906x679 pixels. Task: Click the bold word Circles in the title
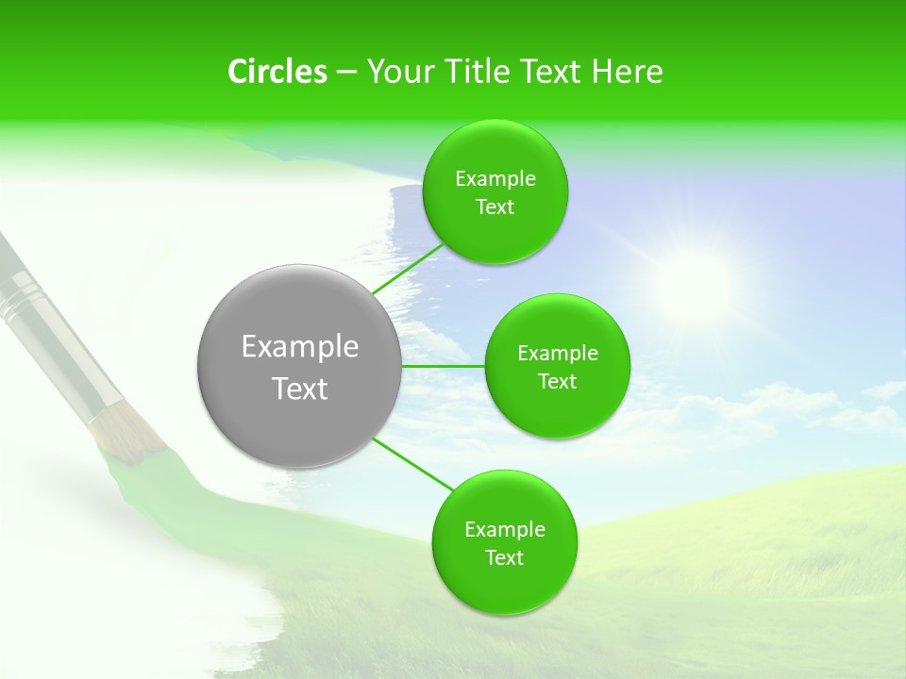click(x=277, y=72)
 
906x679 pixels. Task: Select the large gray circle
click(x=299, y=366)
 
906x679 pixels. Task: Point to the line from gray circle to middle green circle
click(x=443, y=366)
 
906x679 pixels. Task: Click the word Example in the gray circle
click(x=300, y=347)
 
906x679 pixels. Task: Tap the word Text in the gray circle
click(x=300, y=389)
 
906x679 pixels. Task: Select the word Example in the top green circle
click(x=495, y=179)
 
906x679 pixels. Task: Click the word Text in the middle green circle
click(x=557, y=382)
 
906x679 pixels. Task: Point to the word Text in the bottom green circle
click(x=504, y=558)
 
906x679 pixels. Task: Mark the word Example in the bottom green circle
click(x=505, y=530)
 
